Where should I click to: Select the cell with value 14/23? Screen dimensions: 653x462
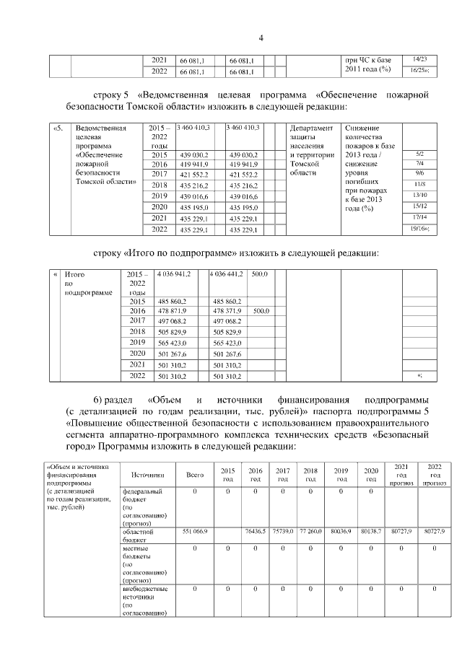coord(419,58)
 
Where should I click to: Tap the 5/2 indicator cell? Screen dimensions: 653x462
coord(419,154)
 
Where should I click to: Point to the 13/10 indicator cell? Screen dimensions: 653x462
coord(419,196)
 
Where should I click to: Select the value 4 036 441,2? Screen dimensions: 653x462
coord(229,275)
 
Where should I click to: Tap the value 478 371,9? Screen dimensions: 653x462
coord(228,310)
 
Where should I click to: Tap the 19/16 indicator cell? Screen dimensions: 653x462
coord(419,229)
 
